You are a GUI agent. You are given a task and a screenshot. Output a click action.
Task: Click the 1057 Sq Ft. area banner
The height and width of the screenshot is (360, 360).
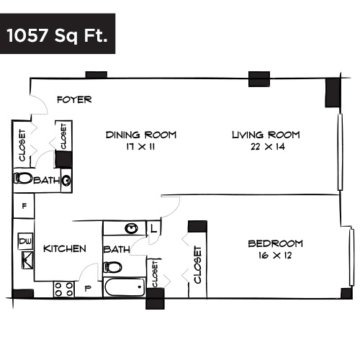57,35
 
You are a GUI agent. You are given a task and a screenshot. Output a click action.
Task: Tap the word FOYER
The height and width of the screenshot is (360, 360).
74,99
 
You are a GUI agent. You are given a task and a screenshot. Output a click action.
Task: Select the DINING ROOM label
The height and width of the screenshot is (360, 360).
140,135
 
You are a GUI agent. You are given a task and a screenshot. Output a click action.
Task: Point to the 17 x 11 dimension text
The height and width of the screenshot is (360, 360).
140,148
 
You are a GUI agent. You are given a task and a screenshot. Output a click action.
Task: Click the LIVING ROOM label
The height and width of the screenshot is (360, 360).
265,135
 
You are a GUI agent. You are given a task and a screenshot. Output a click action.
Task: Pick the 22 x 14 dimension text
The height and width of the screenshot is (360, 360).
266,148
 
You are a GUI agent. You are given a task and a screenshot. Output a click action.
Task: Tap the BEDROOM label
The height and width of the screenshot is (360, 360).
275,243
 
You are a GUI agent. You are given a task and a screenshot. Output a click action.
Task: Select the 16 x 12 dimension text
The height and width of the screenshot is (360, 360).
275,256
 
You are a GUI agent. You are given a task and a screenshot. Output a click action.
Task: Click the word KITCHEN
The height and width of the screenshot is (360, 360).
65,248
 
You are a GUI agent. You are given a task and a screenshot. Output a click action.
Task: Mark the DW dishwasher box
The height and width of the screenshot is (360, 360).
24,240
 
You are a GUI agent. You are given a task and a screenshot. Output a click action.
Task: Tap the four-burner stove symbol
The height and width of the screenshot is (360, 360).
63,289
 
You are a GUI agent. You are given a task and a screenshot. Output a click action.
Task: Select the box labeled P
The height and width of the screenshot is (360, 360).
89,289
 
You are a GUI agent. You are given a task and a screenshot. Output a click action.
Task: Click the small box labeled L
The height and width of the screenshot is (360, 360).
154,228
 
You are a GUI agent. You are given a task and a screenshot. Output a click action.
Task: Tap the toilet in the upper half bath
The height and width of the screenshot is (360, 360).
24,179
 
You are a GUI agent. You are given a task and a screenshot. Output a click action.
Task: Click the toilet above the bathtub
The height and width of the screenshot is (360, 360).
112,266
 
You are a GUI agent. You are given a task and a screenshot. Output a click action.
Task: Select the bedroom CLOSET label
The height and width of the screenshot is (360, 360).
197,264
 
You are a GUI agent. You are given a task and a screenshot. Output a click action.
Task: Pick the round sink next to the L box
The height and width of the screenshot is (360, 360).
131,228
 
